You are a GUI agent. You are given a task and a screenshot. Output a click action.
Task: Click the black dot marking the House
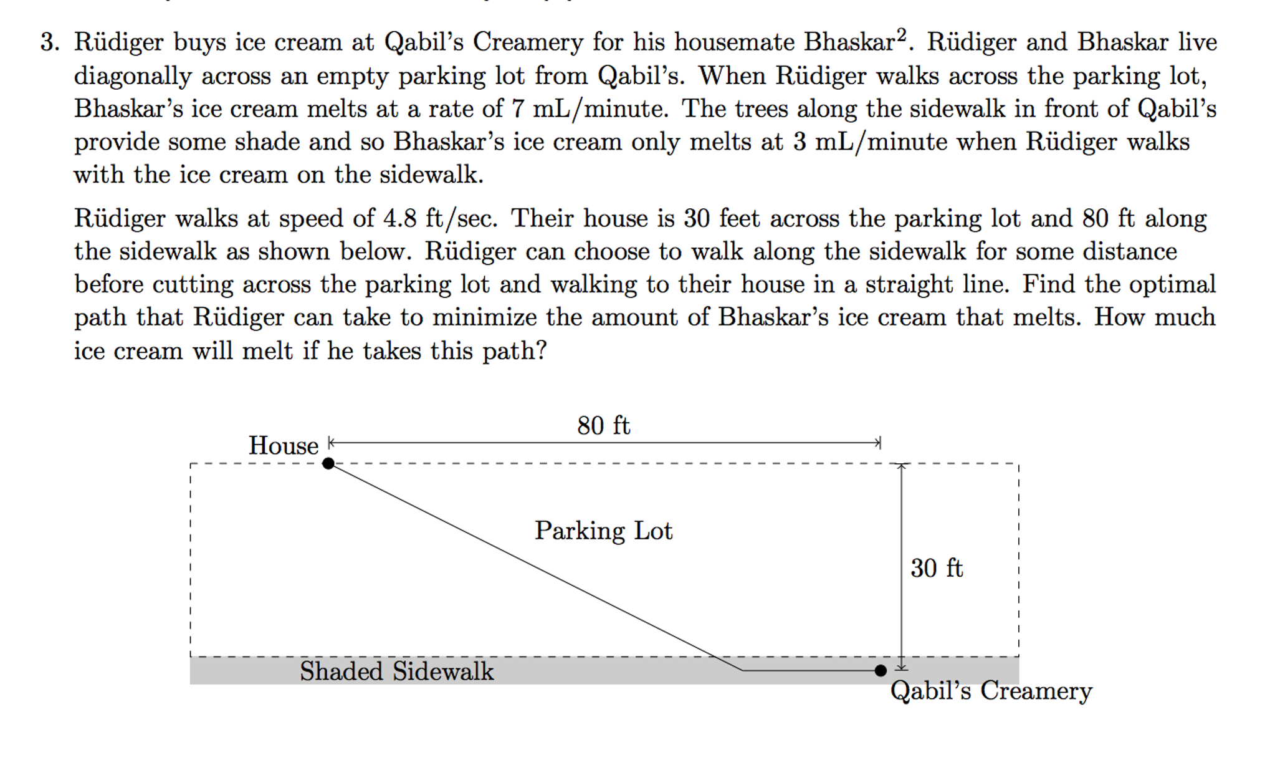point(328,463)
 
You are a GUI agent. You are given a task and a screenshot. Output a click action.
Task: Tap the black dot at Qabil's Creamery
point(880,670)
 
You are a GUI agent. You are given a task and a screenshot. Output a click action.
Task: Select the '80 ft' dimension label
point(603,426)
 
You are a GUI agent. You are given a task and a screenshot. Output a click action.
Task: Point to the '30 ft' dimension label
point(936,568)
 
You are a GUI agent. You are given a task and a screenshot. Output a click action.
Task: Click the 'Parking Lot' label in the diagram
point(603,531)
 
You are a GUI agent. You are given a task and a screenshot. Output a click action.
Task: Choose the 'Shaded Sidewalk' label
point(396,672)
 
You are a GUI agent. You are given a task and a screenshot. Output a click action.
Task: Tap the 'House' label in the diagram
point(283,446)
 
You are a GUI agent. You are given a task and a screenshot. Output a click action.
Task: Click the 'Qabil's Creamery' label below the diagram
point(991,691)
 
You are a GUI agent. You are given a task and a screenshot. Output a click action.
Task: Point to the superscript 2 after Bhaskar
point(900,35)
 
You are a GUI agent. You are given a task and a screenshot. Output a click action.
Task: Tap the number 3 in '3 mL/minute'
point(800,142)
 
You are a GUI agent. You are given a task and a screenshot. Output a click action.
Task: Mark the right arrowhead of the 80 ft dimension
point(878,443)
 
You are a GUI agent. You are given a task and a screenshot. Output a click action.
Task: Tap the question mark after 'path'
point(540,350)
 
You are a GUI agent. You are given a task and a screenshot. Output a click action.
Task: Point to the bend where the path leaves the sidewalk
point(742,670)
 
